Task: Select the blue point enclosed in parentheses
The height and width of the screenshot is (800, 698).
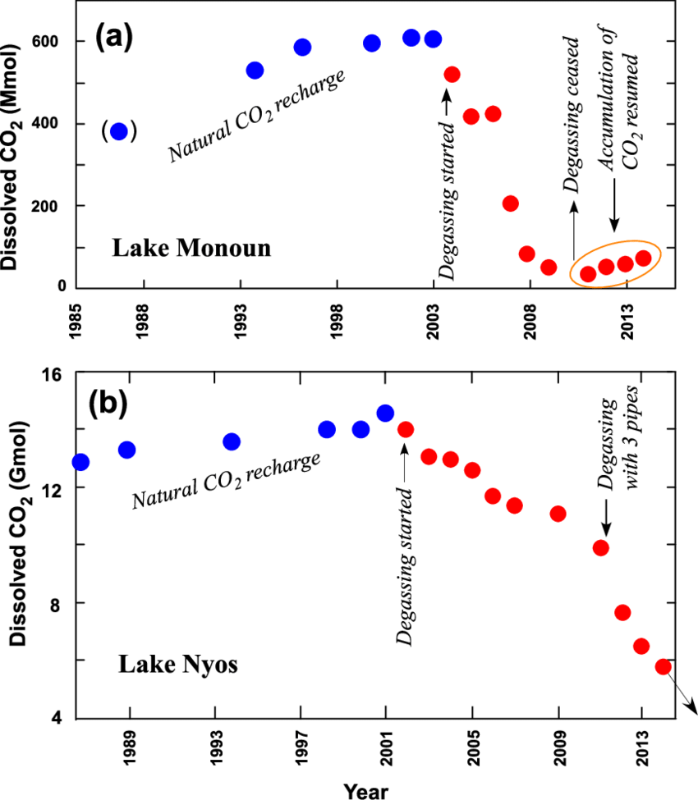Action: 119,131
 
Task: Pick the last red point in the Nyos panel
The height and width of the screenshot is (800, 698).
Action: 664,666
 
